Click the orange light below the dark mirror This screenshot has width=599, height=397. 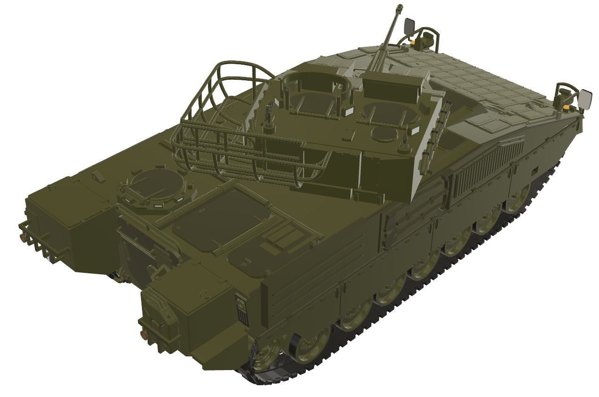pyautogui.click(x=414, y=43)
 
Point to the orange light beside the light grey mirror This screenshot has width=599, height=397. pyautogui.click(x=565, y=109)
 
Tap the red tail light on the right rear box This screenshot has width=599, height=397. pyautogui.click(x=143, y=334)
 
